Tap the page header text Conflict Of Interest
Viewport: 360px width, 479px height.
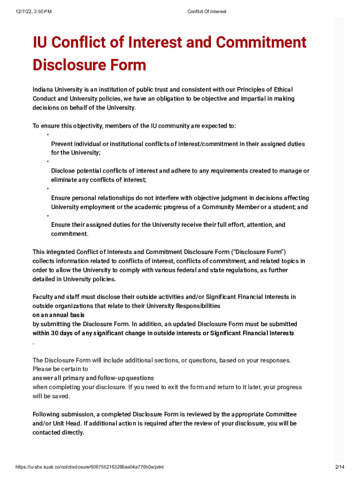207,11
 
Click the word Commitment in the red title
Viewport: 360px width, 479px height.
262,43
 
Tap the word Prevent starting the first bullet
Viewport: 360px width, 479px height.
62,144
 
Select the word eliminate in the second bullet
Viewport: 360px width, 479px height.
65,180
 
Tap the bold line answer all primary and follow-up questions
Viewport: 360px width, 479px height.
93,378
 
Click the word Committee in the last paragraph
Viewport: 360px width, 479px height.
281,414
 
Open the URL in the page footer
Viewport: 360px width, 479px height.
89,467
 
